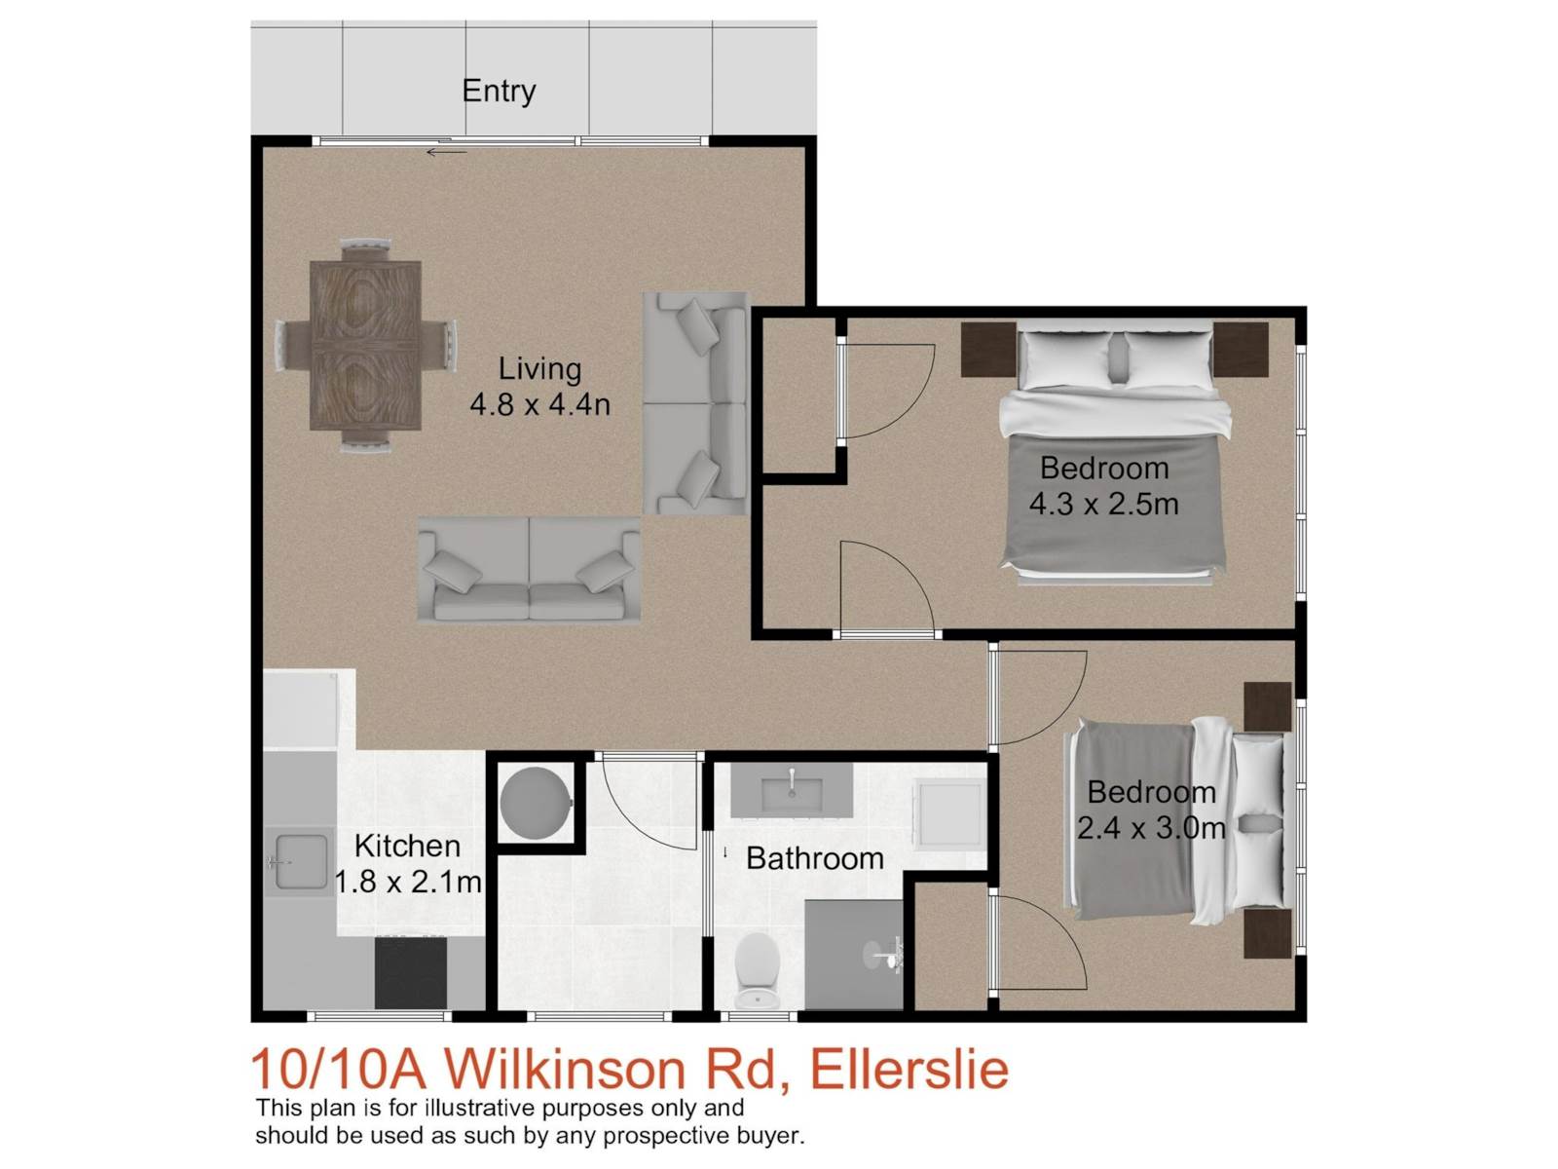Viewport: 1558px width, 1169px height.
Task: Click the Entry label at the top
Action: point(499,92)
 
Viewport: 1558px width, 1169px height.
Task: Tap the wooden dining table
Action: point(365,346)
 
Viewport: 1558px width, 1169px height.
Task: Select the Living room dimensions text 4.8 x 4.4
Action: point(539,404)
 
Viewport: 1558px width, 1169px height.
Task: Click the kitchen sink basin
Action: point(302,861)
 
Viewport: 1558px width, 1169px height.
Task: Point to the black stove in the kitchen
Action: point(410,972)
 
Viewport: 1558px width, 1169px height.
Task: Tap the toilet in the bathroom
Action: point(757,970)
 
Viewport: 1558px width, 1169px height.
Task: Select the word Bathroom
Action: point(815,859)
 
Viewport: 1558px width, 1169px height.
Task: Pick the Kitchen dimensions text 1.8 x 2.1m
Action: point(408,883)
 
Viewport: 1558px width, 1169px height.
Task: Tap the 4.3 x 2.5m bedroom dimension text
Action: point(1103,504)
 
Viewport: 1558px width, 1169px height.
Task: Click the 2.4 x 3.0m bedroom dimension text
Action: point(1151,828)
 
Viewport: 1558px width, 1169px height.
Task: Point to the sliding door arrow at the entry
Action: point(446,152)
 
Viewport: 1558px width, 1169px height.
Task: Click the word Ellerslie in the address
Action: point(909,1069)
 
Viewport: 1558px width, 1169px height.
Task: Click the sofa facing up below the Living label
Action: point(529,569)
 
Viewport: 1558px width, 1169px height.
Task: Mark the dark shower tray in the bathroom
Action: point(854,955)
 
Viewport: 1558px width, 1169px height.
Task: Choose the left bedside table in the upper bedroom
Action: point(988,349)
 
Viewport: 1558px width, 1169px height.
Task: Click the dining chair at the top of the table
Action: point(365,250)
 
